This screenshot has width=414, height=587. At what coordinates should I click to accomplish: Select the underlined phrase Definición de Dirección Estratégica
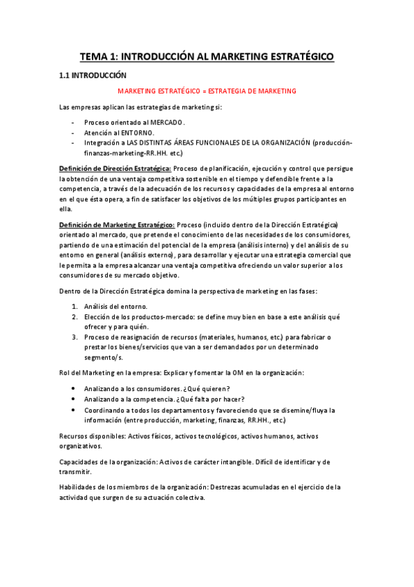point(115,168)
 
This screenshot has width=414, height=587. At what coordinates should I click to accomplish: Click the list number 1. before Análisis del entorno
point(75,306)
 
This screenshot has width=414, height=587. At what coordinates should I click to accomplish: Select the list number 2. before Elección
point(75,316)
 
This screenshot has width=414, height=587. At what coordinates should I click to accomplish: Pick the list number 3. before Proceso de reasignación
point(75,337)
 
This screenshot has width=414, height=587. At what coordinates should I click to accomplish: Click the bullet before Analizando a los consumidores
point(74,388)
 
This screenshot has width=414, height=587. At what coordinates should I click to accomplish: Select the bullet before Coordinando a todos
point(74,410)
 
